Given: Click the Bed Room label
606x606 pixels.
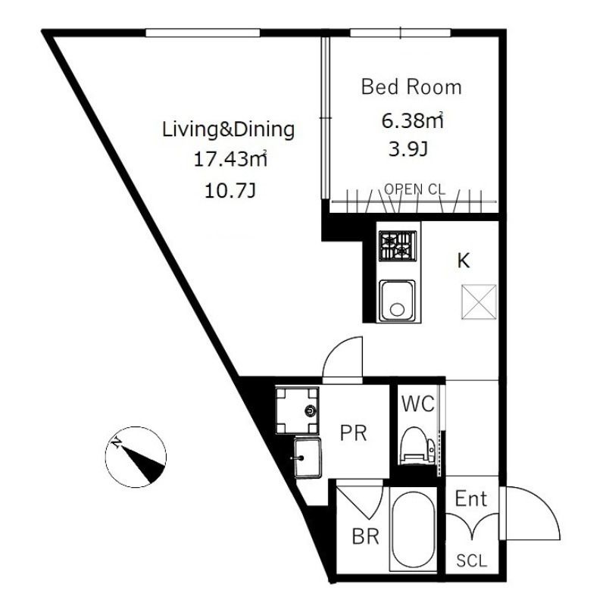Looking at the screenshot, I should pyautogui.click(x=411, y=87).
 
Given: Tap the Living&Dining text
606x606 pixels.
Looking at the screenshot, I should pyautogui.click(x=228, y=130).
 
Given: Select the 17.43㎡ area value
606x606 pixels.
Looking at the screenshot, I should pyautogui.click(x=228, y=159).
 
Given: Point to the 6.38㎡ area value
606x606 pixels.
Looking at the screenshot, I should pyautogui.click(x=411, y=120).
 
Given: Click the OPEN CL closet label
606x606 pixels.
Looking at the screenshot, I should pyautogui.click(x=414, y=189).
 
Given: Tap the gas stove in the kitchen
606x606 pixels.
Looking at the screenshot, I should pyautogui.click(x=398, y=245).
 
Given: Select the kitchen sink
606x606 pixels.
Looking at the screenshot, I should pyautogui.click(x=397, y=299).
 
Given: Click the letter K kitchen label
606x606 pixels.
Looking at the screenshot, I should pyautogui.click(x=463, y=261).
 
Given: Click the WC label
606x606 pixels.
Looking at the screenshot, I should pyautogui.click(x=417, y=404).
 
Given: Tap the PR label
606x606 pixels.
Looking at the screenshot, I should pyautogui.click(x=353, y=433).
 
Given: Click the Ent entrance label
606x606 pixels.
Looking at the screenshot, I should pyautogui.click(x=471, y=499).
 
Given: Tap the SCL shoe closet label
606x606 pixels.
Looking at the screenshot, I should pyautogui.click(x=471, y=561).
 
